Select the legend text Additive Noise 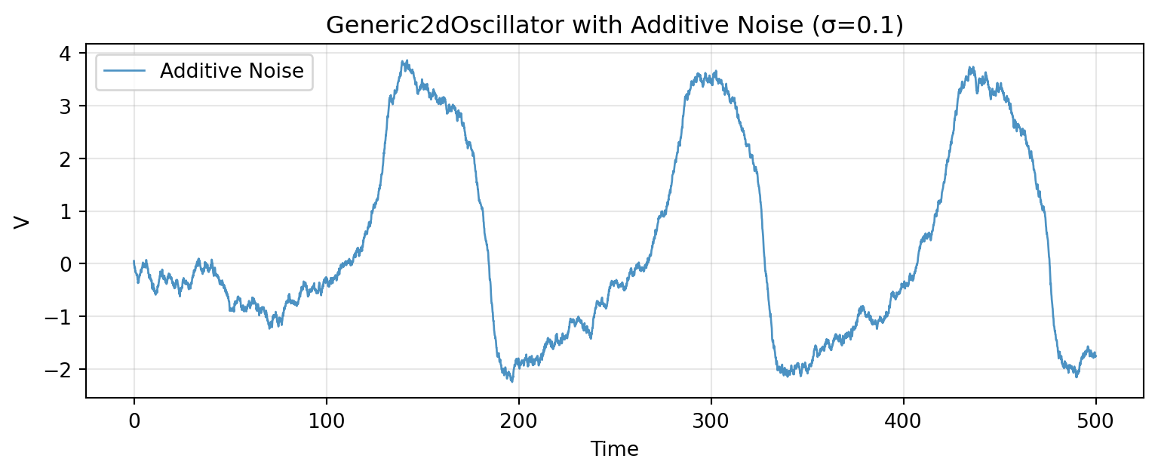click(232, 72)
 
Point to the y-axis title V click(23, 221)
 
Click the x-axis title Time click(615, 450)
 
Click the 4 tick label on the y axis click(67, 54)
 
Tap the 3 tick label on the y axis click(67, 106)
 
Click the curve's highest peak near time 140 click(406, 61)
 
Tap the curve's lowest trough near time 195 click(511, 381)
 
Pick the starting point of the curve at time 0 click(134, 261)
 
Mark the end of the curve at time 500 click(1095, 355)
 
